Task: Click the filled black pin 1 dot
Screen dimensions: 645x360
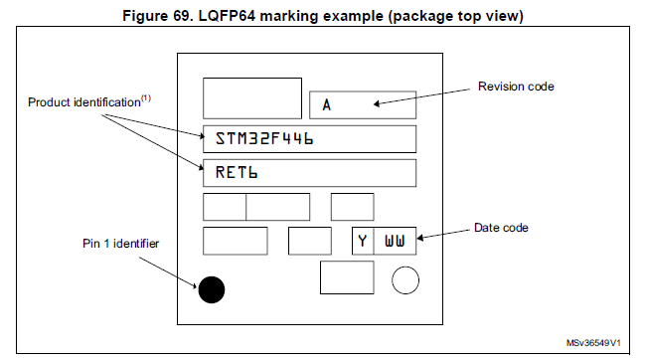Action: pos(212,289)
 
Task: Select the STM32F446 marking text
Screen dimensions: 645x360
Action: pos(264,138)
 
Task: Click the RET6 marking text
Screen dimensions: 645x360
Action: pos(237,172)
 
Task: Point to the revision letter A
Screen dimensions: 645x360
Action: pos(327,104)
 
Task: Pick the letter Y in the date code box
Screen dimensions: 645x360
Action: pos(363,241)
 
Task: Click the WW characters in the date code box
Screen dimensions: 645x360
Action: pos(395,241)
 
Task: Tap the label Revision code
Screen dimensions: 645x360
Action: pos(516,87)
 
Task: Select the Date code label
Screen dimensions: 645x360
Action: pos(501,228)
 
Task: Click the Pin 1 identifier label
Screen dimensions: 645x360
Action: pos(120,244)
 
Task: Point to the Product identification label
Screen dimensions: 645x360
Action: pos(84,102)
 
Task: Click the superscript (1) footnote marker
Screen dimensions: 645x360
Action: pos(146,98)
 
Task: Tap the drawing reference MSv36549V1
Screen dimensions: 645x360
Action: pos(593,343)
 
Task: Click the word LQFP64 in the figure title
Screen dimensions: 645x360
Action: pos(227,16)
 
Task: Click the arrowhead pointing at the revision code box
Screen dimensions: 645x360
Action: pos(376,103)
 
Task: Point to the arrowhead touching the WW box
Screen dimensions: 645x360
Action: pos(420,238)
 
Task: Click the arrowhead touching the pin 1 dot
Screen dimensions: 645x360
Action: pos(194,285)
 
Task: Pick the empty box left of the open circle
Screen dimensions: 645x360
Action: pos(347,277)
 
